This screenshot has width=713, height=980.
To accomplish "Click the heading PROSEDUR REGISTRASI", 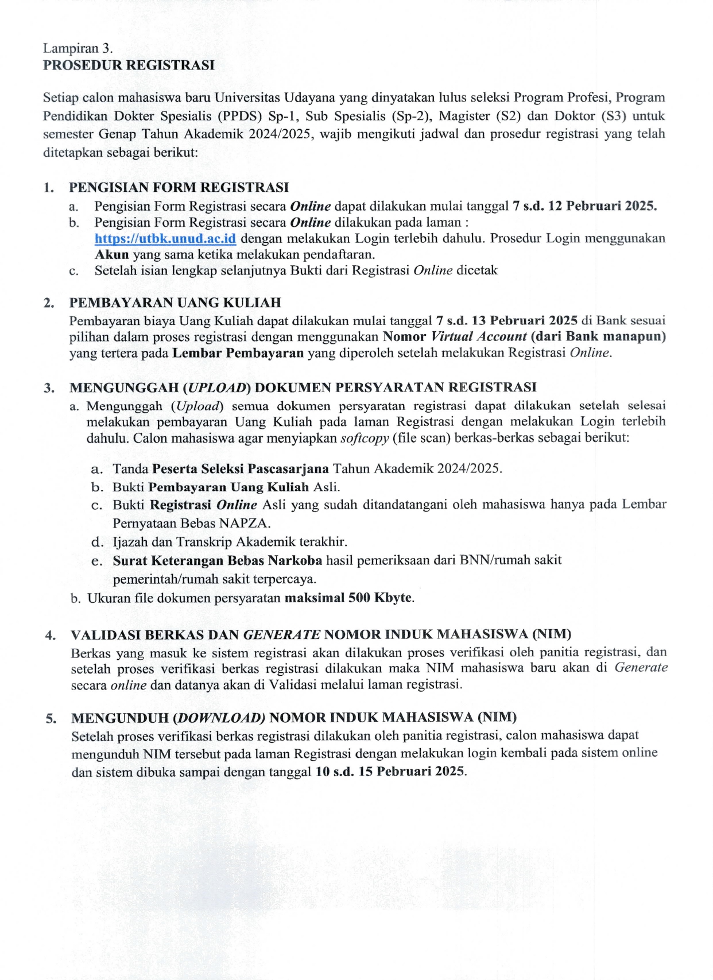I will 129,65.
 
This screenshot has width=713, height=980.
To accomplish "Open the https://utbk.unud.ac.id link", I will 165,239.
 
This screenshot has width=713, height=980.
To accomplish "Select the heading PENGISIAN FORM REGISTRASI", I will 179,187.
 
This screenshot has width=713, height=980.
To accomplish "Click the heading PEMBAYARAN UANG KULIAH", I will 175,303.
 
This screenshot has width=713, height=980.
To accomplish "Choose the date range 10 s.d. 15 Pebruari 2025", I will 390,771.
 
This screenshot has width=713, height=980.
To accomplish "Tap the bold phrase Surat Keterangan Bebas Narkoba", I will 217,560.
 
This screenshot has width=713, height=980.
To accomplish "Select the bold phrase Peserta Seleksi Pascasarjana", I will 240,468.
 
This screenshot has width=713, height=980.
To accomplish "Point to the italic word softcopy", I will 365,438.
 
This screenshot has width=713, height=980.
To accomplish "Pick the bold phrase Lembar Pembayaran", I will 238,353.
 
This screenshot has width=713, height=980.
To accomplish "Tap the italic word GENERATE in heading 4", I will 282,634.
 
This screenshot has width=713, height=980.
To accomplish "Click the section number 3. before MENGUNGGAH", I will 50,388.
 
